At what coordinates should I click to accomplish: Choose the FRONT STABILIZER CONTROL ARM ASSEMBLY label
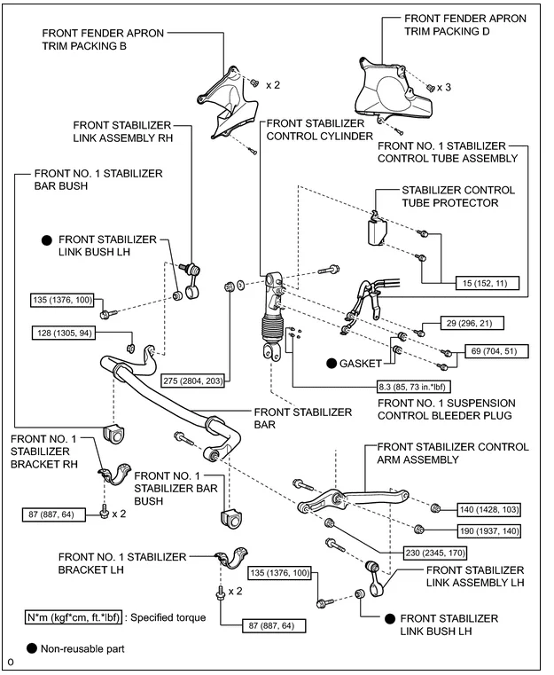coord(453,454)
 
